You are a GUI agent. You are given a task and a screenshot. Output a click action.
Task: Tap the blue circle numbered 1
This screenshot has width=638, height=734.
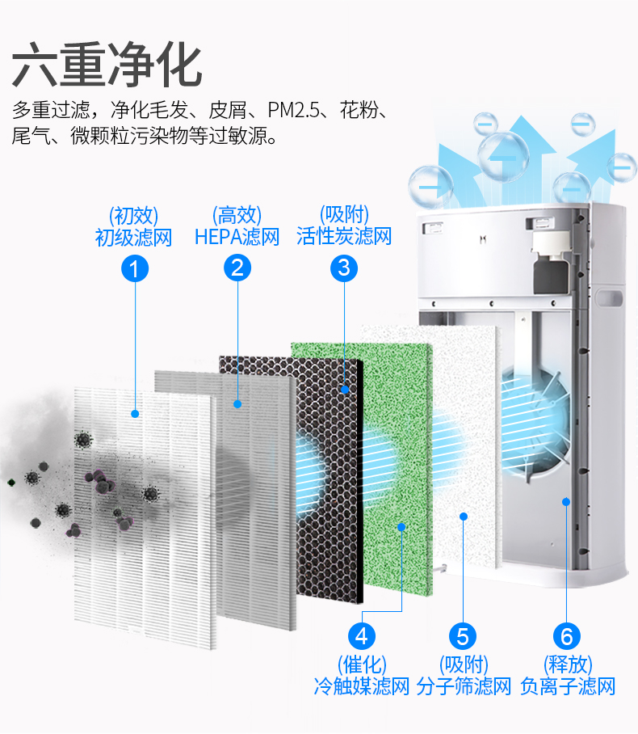click(134, 268)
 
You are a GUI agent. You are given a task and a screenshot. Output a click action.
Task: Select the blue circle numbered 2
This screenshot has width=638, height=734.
click(237, 268)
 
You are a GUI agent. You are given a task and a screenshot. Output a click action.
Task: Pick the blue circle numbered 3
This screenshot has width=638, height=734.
click(344, 268)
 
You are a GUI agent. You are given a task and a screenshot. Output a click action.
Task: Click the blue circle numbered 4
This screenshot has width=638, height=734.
click(362, 635)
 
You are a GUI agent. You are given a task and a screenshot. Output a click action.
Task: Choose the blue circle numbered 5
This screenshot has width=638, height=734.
click(463, 635)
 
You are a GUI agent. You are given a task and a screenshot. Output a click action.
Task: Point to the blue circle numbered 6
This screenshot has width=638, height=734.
click(567, 635)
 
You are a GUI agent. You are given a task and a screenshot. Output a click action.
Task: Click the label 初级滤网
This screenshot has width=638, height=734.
click(134, 238)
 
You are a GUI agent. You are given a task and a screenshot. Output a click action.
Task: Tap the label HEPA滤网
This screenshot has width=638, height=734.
click(237, 238)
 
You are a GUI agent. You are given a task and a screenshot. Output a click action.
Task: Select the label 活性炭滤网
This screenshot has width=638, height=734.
click(344, 237)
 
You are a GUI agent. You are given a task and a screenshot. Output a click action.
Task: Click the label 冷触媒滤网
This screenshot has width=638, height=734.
click(362, 687)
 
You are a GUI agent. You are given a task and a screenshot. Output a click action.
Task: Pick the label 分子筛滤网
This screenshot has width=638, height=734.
click(464, 687)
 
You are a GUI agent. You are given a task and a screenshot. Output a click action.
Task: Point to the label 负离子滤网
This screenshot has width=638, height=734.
click(568, 687)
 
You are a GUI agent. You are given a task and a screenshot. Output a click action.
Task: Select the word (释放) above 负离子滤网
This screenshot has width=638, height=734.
click(568, 664)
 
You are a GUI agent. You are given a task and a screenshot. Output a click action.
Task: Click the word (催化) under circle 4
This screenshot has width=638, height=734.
click(362, 664)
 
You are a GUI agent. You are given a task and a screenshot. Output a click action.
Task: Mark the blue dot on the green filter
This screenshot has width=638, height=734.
click(401, 526)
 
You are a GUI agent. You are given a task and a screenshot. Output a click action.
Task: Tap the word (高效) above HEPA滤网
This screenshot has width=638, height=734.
click(237, 215)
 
